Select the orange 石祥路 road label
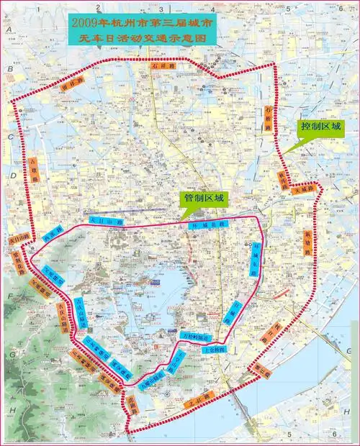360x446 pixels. click(x=163, y=65)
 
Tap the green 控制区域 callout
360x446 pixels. click(x=320, y=126)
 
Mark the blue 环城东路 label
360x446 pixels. click(x=257, y=260)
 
